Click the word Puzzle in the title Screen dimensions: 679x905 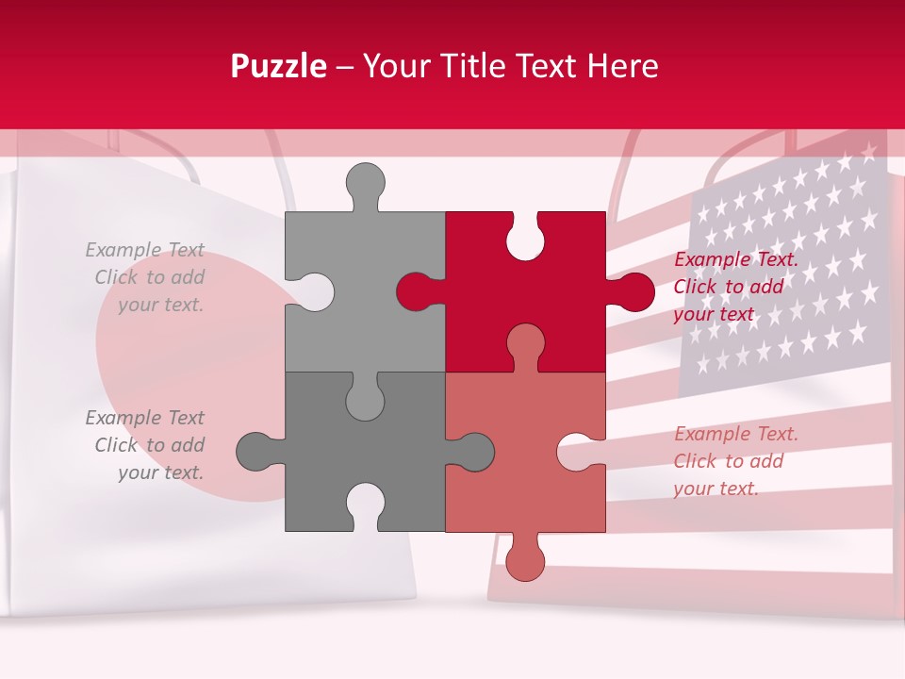279,66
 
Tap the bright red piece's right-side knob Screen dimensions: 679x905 633,291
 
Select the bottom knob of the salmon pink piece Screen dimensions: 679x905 525,560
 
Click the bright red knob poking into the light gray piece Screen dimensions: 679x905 415,291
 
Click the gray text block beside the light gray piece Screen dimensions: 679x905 147,277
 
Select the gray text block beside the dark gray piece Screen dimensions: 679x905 147,445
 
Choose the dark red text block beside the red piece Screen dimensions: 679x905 734,287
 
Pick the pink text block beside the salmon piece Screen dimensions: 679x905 734,461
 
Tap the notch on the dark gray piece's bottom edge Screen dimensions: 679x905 365,507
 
